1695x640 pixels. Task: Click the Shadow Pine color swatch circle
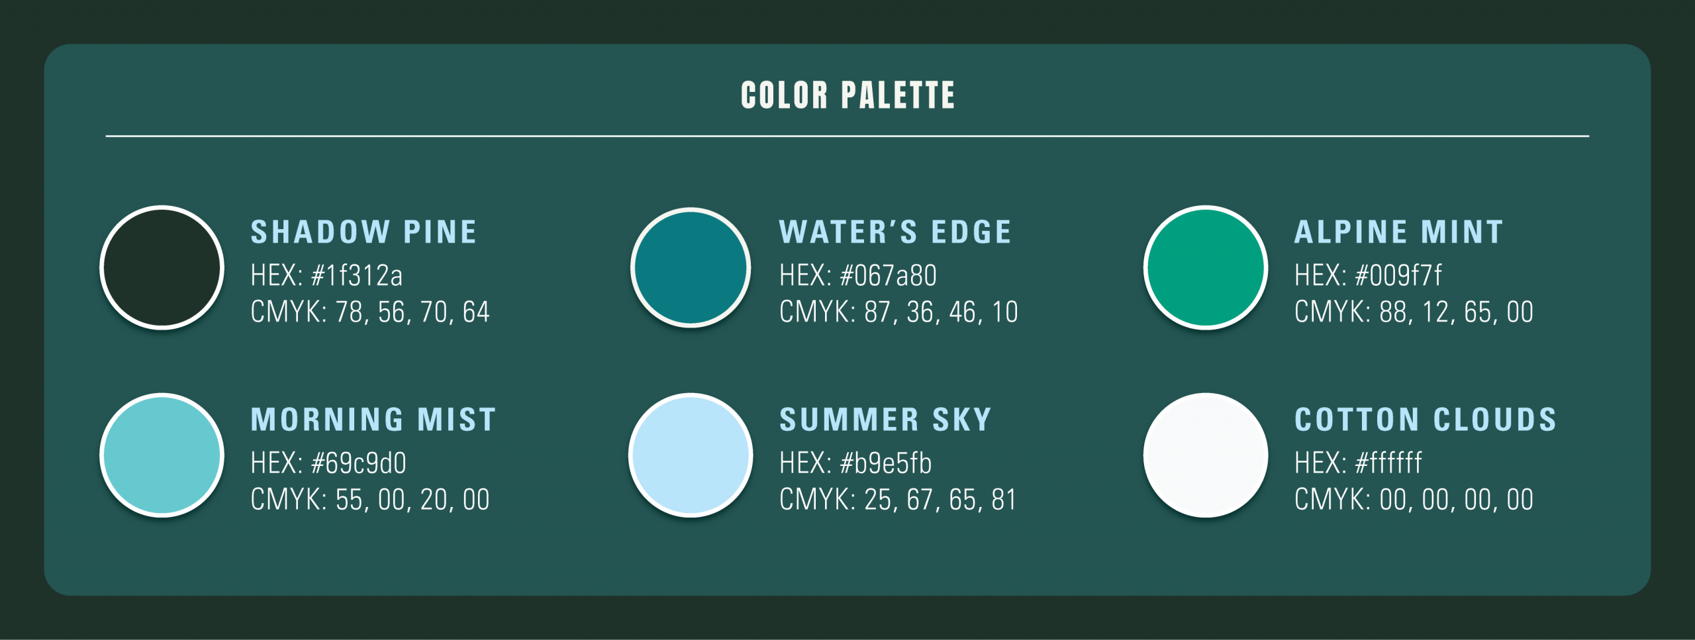tap(162, 267)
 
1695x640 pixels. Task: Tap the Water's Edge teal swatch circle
tap(691, 267)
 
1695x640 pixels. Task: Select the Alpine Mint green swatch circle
tap(1206, 267)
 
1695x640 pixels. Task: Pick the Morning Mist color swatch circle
tap(162, 455)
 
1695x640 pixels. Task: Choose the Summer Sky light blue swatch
tap(691, 455)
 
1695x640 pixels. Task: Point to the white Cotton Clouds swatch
tap(1206, 455)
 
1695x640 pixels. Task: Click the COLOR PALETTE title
tap(847, 95)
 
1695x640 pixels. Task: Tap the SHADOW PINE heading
tap(363, 232)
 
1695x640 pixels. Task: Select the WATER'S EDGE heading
tap(895, 232)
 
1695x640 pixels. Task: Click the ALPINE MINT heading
tap(1398, 232)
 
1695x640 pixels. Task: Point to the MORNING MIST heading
tap(373, 420)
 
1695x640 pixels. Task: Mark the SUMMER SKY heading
tap(885, 420)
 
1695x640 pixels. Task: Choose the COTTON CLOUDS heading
tap(1426, 420)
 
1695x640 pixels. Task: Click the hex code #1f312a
tap(356, 275)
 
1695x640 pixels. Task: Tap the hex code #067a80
tap(888, 275)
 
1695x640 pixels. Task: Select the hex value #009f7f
tap(1398, 275)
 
